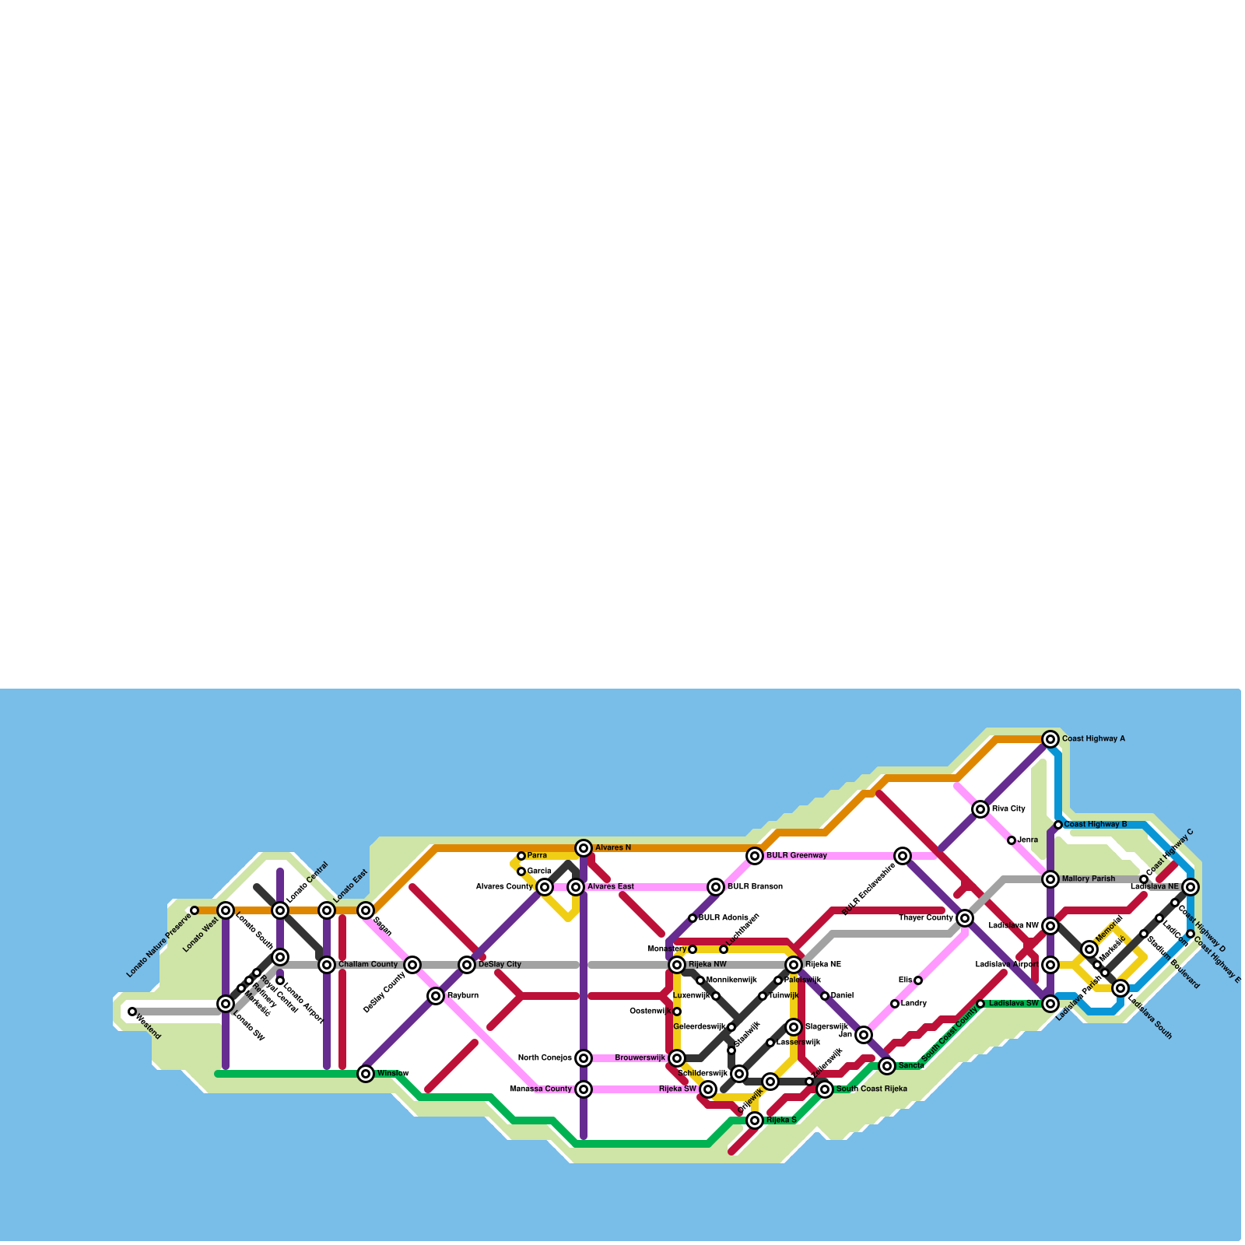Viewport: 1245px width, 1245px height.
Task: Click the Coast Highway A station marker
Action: (1050, 739)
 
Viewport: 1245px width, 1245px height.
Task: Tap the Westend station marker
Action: (132, 1012)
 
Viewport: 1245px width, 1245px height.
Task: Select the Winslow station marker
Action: (366, 1074)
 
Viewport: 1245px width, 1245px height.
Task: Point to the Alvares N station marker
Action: (584, 848)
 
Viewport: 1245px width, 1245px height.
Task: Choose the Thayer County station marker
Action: (965, 918)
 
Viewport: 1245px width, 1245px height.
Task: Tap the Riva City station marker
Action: (980, 809)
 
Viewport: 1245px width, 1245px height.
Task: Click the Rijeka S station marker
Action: (755, 1120)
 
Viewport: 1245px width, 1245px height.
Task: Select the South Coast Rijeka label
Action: (871, 1089)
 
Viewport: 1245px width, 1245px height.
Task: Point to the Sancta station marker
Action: (887, 1066)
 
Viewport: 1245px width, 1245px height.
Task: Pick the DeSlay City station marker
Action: (467, 965)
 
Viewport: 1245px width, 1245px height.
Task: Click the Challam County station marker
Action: (327, 965)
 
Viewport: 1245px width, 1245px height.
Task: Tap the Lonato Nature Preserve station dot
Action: (195, 910)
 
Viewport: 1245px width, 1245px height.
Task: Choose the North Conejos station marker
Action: (584, 1058)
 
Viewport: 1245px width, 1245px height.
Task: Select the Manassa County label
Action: (541, 1089)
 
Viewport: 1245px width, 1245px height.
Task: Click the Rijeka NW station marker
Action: (677, 965)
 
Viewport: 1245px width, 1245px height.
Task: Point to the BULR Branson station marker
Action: (716, 887)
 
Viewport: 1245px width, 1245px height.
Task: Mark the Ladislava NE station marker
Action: (1191, 887)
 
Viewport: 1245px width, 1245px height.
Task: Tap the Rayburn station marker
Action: (436, 996)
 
